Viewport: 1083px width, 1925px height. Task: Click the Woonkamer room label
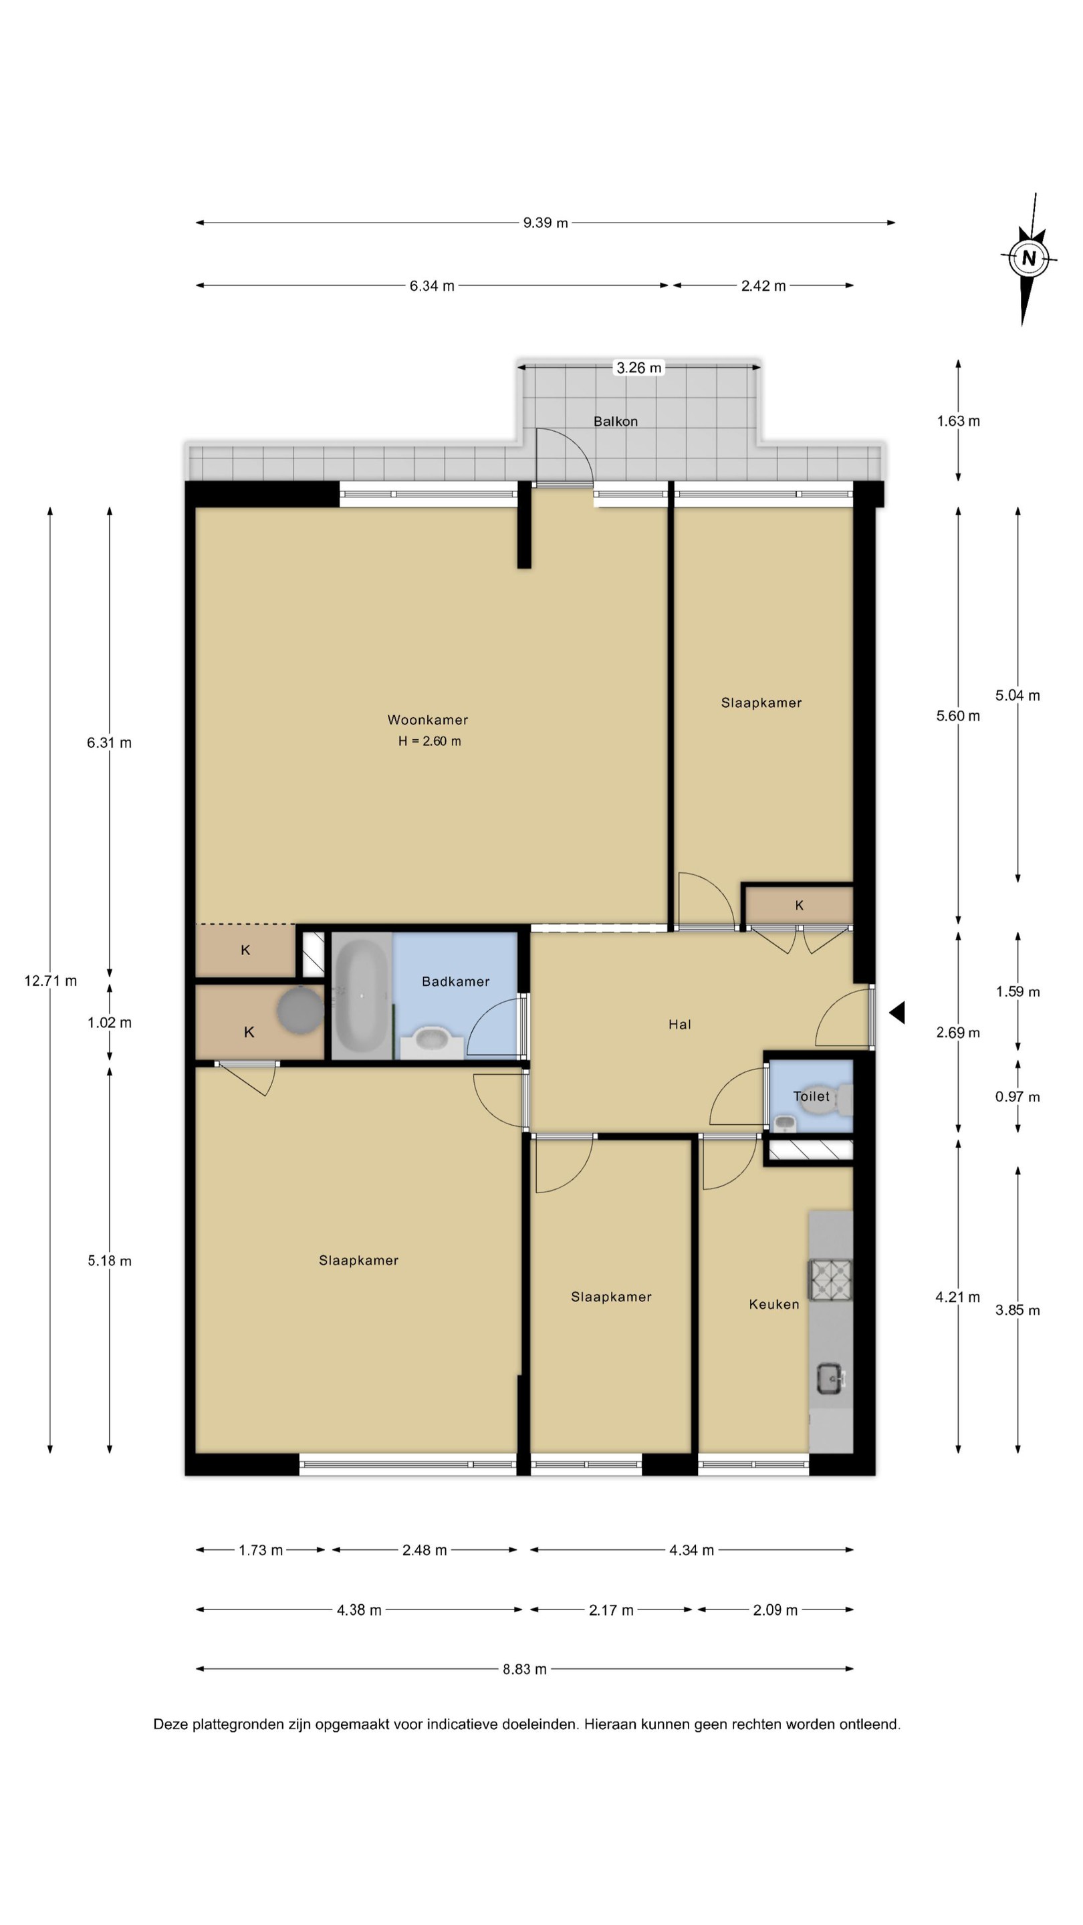click(428, 720)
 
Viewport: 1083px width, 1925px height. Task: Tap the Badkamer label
click(455, 981)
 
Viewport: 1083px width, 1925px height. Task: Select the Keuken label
click(773, 1304)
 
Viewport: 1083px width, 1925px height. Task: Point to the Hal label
click(679, 1025)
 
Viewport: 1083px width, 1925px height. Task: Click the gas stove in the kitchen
click(830, 1278)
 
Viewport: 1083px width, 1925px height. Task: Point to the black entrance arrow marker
click(897, 1013)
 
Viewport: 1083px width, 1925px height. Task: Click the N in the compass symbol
click(1028, 259)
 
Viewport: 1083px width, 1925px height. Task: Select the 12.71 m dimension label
click(50, 981)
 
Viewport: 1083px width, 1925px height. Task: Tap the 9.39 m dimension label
click(545, 223)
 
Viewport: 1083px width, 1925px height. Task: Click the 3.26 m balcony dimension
click(638, 368)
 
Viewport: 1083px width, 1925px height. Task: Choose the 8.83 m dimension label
click(524, 1669)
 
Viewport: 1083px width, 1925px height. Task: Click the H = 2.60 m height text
click(429, 741)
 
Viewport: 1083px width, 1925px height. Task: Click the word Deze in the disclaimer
click(170, 1724)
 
